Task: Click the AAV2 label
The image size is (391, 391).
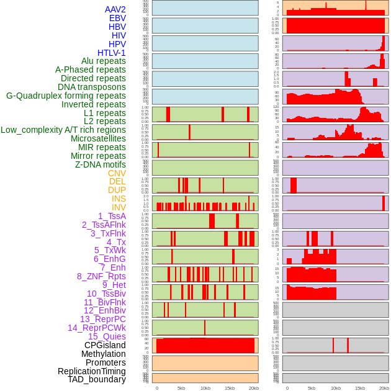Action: tap(115, 9)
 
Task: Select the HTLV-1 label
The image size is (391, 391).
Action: tap(112, 53)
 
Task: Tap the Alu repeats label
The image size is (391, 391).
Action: tap(104, 61)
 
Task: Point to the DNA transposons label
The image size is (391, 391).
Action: tap(92, 87)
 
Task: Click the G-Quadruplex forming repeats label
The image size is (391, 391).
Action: tap(66, 96)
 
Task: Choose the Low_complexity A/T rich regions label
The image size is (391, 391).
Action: tap(63, 130)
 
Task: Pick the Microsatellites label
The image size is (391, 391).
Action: tap(98, 138)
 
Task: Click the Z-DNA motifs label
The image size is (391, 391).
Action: tap(101, 164)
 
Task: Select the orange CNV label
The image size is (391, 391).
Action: tap(117, 173)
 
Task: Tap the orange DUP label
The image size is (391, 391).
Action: tap(117, 190)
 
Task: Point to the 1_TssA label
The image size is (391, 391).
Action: tap(112, 216)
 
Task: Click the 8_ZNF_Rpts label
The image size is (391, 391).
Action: tap(101, 276)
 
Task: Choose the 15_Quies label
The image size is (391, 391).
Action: tap(107, 336)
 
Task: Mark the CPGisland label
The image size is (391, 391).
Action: tap(105, 345)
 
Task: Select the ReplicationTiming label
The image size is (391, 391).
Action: tap(91, 371)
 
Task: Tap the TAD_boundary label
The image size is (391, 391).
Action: tap(97, 379)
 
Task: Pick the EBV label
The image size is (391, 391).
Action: tap(117, 18)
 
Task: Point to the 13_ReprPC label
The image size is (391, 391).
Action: tap(103, 319)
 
